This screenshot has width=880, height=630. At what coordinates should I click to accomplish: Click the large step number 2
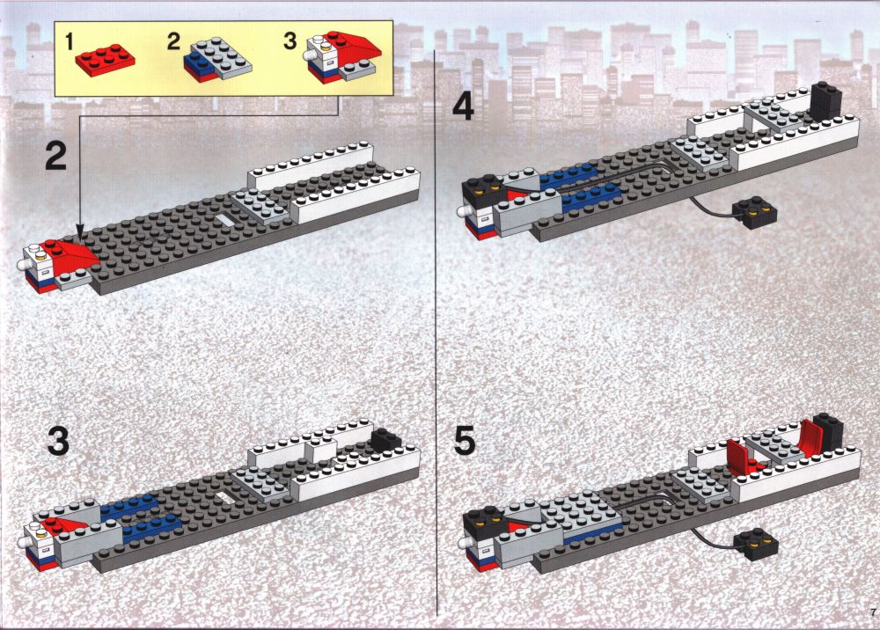point(56,157)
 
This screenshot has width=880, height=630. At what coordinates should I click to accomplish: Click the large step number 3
point(58,441)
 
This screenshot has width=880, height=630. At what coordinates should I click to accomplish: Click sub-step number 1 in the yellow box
point(69,41)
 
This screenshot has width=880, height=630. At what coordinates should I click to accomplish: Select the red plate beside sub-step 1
point(105,60)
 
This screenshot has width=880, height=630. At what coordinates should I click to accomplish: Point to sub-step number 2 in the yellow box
point(174,41)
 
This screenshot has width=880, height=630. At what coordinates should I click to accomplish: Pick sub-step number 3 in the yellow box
point(290,40)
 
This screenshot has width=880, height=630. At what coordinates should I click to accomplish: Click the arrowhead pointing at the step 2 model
point(80,234)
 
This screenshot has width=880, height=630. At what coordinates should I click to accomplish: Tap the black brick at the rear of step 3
point(386,438)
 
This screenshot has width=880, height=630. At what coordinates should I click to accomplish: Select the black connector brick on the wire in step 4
point(754,213)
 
